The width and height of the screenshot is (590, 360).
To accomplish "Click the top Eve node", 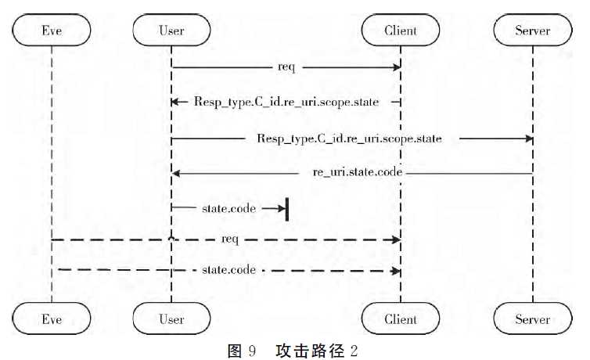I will point(52,31).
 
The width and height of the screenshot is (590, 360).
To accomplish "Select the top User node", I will point(171,31).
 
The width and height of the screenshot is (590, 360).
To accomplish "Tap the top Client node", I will point(401,31).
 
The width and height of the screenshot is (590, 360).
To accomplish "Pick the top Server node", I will point(533,31).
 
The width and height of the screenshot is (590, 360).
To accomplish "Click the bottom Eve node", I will point(52,319).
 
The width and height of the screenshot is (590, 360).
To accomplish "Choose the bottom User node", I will point(171,319).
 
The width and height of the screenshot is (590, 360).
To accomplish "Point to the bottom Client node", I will point(401,319).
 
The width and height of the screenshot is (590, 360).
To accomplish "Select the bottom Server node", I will point(533,319).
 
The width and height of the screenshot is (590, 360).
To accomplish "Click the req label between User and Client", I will point(286,67).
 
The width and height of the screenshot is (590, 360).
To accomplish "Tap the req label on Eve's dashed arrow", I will point(231,238).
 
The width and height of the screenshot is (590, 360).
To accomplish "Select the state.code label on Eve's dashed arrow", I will point(228,269).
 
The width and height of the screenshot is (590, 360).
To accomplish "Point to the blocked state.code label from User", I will point(227,208).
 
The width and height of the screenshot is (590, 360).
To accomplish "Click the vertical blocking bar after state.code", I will point(287,209).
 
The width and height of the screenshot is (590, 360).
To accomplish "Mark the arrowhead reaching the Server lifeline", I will point(528,139).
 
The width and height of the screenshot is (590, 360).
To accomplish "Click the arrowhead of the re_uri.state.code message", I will point(177,172).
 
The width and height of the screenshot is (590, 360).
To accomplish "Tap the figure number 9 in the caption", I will point(252,350).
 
